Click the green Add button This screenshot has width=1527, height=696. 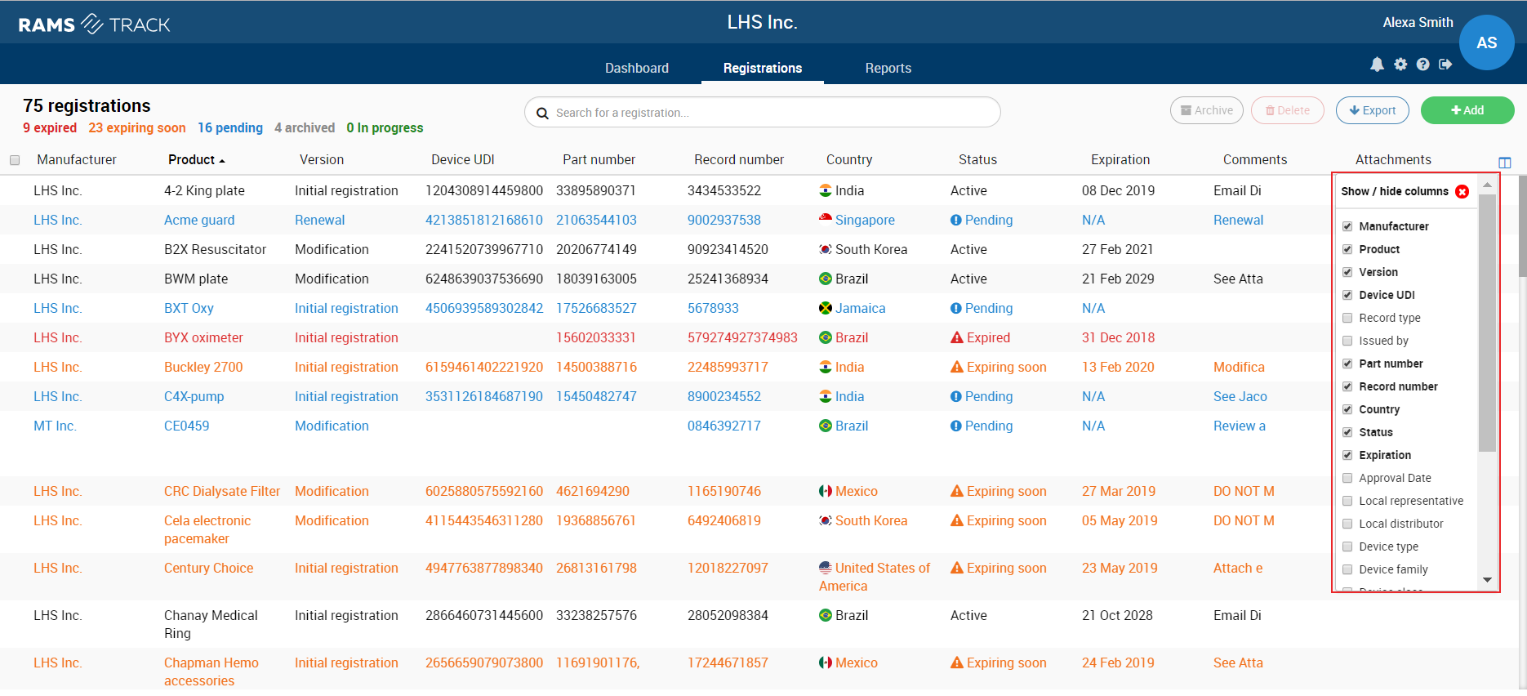1467,110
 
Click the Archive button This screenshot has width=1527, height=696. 1206,110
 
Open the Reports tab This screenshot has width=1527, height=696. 888,68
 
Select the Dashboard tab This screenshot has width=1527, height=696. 636,68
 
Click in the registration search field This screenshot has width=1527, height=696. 762,113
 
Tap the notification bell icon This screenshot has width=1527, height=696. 1377,65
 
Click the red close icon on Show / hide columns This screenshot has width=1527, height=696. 1462,191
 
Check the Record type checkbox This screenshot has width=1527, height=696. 1347,318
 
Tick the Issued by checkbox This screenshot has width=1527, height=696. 1347,341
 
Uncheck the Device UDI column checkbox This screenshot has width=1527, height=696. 1347,295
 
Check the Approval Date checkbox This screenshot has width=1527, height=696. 1347,478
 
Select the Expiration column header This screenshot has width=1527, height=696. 1120,159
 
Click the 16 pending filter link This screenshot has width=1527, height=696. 230,127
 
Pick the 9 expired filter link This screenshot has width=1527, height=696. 50,127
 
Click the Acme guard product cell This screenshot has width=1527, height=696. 199,220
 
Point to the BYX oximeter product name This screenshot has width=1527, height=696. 203,337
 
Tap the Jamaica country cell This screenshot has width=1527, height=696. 853,308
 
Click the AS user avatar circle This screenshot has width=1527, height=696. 1486,42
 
